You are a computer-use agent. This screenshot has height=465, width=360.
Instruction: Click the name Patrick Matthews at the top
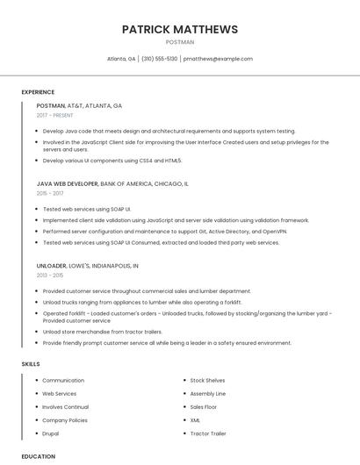tap(180, 29)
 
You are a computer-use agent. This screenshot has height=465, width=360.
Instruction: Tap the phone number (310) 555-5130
tap(159, 59)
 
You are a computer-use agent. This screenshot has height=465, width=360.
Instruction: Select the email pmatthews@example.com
tap(218, 59)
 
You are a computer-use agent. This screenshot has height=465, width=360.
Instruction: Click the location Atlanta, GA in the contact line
tap(121, 59)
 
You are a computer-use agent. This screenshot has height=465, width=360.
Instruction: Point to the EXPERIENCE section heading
tap(38, 92)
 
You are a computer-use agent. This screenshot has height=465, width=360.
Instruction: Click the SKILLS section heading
tap(31, 363)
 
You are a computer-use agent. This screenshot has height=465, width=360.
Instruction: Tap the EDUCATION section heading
tap(38, 456)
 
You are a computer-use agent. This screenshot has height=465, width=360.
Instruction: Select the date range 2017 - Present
tap(56, 115)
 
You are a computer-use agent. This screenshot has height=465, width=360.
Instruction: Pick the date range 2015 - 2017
tap(50, 193)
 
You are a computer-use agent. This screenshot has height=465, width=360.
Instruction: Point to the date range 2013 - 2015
tap(50, 275)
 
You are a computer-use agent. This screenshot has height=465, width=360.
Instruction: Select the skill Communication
tap(63, 381)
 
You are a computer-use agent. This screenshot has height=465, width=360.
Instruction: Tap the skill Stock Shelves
tap(207, 381)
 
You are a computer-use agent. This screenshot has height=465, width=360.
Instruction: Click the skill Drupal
tap(51, 433)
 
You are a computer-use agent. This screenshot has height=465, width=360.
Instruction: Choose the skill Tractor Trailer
tap(208, 433)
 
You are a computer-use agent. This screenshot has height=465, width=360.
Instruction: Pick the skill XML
tap(195, 420)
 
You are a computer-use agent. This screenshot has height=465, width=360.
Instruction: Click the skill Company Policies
tap(65, 420)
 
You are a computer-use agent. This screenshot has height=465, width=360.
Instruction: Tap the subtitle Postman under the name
tap(180, 41)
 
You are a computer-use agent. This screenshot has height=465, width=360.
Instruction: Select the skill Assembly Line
tap(208, 394)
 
